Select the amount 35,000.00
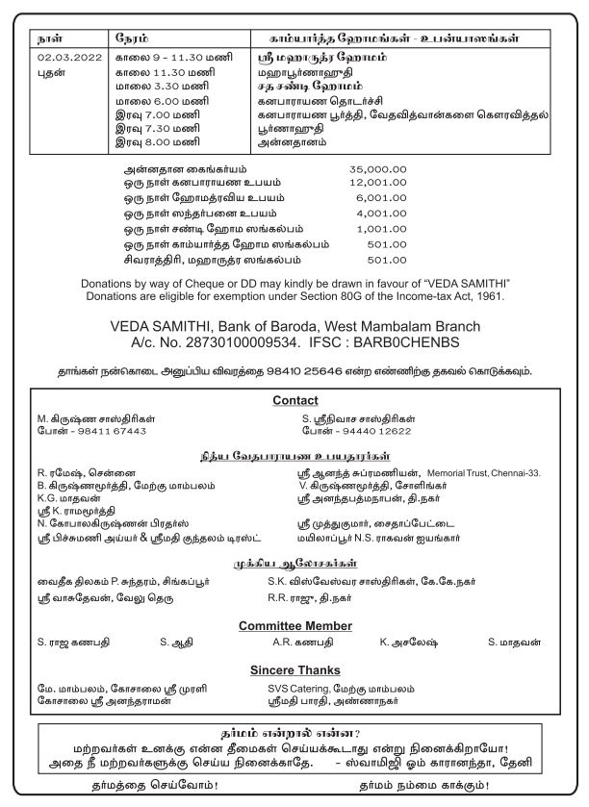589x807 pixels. [378, 168]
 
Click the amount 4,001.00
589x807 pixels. [382, 214]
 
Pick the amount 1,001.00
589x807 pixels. [382, 229]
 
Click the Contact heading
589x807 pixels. [294, 400]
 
